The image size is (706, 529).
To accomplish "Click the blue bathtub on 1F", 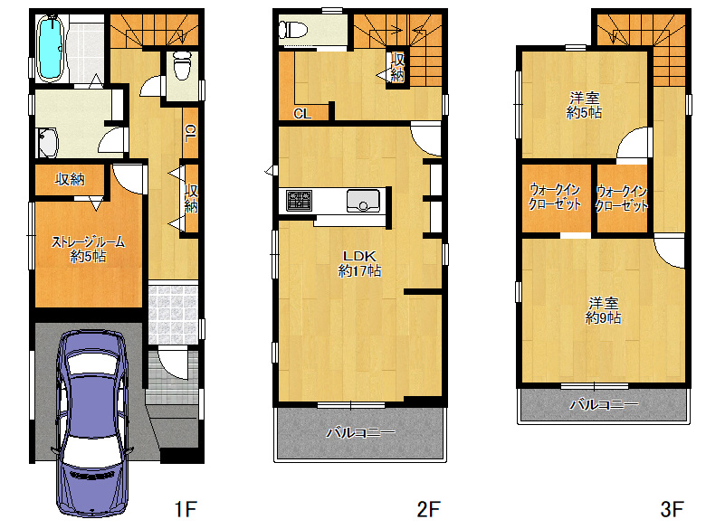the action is [50, 49].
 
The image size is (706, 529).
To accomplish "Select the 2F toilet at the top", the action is [292, 30].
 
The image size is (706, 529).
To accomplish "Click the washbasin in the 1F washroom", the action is [48, 143].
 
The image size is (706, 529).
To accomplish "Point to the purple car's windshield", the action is [92, 364].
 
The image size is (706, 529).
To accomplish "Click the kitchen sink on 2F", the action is [363, 201].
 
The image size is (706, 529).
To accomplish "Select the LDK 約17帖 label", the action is [359, 263].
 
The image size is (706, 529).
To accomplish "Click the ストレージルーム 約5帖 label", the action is [89, 249].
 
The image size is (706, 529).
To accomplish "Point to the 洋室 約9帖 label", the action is [604, 310].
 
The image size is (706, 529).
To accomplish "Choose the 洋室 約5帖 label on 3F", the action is [584, 105].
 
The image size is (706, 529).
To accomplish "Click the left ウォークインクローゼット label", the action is [555, 196].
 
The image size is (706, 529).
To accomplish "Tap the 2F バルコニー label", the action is [360, 433].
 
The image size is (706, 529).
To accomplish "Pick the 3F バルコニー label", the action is [604, 404].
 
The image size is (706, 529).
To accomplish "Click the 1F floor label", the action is [186, 510].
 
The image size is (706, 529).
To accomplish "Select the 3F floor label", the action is [673, 510].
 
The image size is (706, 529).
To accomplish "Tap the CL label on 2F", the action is [302, 114].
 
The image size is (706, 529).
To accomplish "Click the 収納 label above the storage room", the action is [70, 179].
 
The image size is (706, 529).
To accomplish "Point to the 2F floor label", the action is [428, 510].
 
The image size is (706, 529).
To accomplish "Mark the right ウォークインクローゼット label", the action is [621, 198].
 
